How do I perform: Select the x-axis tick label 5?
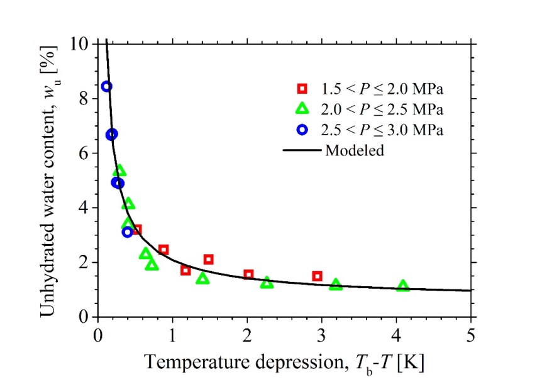471,332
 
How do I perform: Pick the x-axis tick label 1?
172,332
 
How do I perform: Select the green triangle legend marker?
302,109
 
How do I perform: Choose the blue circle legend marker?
302,130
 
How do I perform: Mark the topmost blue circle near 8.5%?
107,86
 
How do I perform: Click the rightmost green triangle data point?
403,286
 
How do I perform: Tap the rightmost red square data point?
318,276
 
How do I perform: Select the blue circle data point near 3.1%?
128,232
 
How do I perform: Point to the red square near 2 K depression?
248,274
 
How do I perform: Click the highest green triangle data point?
120,171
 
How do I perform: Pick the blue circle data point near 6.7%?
112,134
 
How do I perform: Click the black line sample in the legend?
302,151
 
